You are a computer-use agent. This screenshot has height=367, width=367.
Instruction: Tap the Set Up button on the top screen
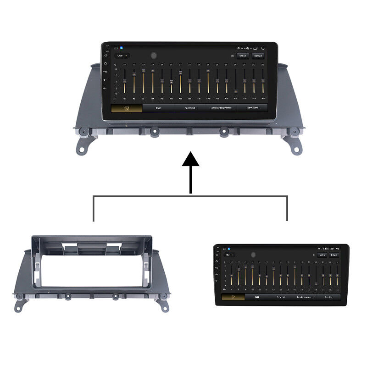[243, 56]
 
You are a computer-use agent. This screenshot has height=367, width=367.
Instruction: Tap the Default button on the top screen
[258, 56]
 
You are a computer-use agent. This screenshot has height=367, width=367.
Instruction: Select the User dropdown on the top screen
[122, 55]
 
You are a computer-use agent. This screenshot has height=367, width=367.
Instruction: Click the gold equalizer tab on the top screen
[126, 108]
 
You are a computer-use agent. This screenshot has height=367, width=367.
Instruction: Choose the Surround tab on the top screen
[190, 108]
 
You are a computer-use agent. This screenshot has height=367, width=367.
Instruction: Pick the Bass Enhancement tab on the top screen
[221, 108]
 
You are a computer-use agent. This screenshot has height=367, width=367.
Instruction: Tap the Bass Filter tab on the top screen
[253, 108]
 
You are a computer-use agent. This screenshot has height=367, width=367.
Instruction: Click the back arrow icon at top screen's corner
[262, 48]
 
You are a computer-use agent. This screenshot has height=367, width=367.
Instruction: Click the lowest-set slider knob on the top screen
[236, 92]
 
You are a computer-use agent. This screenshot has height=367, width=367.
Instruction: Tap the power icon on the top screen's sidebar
[106, 55]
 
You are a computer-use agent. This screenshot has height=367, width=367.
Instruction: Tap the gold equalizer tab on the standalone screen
[233, 297]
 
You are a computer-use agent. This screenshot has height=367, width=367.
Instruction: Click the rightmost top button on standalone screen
[334, 255]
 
